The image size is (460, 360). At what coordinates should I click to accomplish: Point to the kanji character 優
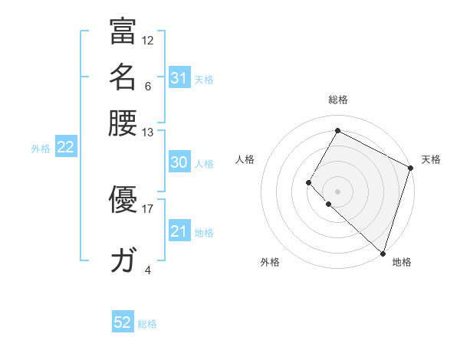123,201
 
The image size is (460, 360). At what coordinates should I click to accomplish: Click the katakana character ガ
123,261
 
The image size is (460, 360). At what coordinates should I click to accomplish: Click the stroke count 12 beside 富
148,40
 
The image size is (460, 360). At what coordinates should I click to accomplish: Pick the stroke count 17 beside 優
148,208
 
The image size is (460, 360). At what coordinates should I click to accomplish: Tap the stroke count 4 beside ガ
148,270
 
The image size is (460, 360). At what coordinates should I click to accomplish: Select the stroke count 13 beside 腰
148,132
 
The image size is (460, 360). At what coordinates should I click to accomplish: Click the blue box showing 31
179,78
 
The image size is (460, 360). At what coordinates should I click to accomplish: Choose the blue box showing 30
179,162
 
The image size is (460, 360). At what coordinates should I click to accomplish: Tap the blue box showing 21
179,231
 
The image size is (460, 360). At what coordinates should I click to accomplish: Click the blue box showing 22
65,148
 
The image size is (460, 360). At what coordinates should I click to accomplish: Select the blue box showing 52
123,322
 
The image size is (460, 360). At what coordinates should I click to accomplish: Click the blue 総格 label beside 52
147,324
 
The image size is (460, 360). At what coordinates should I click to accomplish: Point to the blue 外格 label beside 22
41,149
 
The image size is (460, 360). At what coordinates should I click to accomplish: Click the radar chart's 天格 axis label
431,159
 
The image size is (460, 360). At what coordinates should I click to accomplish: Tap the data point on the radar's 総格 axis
337,130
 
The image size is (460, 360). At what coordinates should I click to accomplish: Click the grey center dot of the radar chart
337,191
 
